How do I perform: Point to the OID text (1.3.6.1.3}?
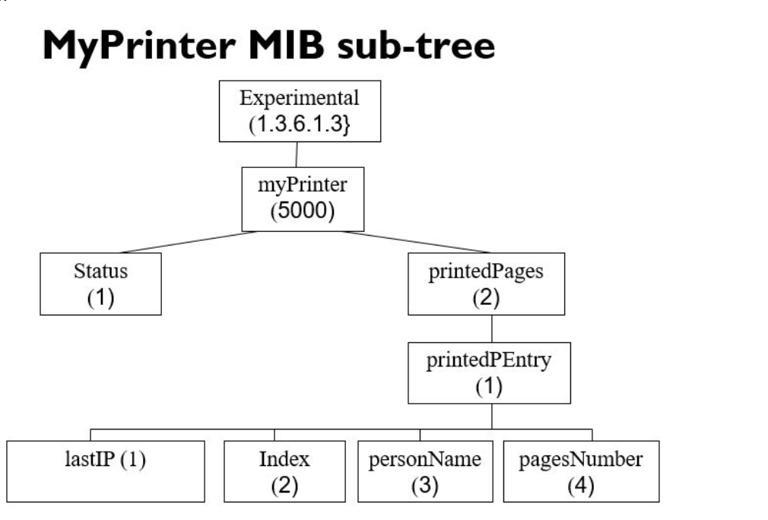coord(299,124)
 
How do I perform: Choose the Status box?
coord(100,284)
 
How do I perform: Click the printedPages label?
coord(487,272)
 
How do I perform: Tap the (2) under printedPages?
coord(487,296)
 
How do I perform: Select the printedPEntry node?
coord(489,373)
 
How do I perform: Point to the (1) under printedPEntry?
coord(489,386)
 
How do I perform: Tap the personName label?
coord(424,459)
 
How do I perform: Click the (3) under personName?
coord(424,484)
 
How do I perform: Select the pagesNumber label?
coord(580,459)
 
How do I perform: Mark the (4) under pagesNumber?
coord(580,484)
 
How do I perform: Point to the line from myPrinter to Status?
coord(190,241)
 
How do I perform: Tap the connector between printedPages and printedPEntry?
coord(492,328)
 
